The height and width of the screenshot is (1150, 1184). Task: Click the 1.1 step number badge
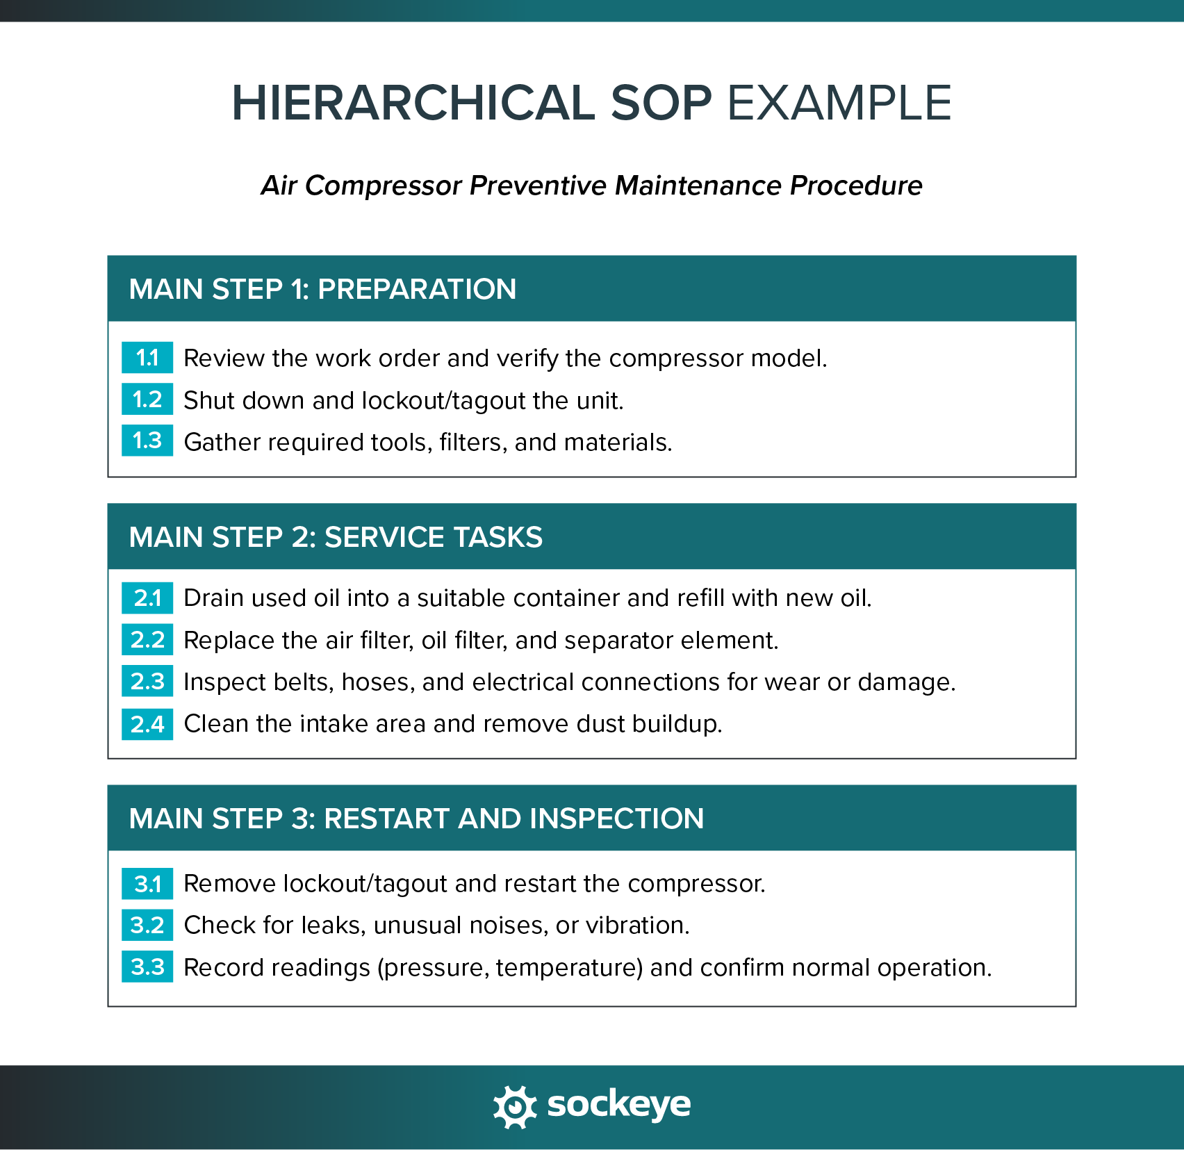[x=147, y=358]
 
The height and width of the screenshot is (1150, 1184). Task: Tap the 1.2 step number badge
[x=147, y=400]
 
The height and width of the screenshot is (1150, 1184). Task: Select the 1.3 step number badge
[x=147, y=441]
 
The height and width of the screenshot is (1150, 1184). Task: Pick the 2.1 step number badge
[x=147, y=598]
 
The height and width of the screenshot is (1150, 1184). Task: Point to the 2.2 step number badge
[x=147, y=639]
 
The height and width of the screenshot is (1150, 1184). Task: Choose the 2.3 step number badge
[x=147, y=682]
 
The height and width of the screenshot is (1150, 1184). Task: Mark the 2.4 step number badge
[x=147, y=724]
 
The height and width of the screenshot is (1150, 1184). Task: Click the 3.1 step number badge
[x=147, y=884]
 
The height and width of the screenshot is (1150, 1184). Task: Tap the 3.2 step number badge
[x=147, y=926]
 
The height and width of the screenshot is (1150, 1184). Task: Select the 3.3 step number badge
[x=147, y=967]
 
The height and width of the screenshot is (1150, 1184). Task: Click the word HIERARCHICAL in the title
[x=413, y=103]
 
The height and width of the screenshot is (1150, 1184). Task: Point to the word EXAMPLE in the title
[x=839, y=103]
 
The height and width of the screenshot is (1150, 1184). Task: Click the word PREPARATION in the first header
[x=417, y=289]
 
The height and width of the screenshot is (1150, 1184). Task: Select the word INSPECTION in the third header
[x=617, y=819]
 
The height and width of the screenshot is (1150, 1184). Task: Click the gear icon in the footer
[x=515, y=1106]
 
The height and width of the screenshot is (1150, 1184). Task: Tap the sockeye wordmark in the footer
[x=619, y=1105]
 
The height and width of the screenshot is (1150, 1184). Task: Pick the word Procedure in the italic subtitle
[x=856, y=186]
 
